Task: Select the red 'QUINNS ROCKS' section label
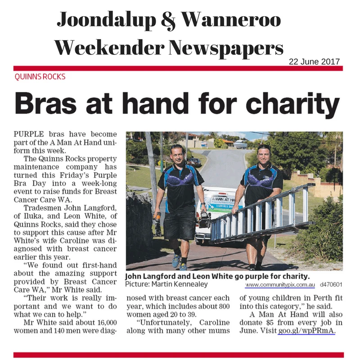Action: pos(40,76)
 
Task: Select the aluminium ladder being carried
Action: pos(261,214)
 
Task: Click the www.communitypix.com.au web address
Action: pos(280,285)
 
